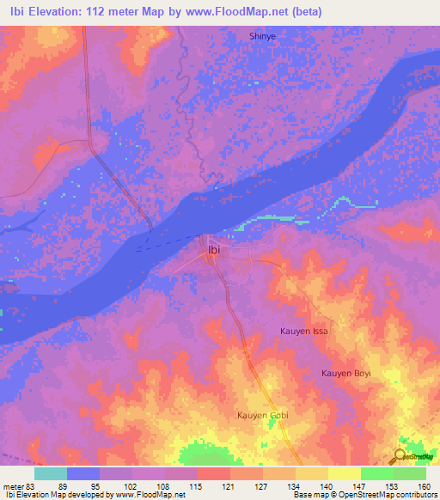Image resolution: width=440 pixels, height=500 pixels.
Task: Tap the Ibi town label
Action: tap(214, 250)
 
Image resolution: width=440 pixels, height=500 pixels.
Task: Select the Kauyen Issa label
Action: tap(304, 330)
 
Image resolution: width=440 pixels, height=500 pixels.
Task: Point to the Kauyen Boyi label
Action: tap(345, 373)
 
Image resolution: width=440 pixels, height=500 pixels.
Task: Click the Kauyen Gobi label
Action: tap(263, 415)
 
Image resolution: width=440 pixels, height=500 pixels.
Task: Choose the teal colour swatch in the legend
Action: tap(51, 473)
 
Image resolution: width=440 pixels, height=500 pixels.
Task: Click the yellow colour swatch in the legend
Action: tap(344, 473)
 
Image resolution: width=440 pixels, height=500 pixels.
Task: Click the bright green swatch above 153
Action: tap(376, 473)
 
